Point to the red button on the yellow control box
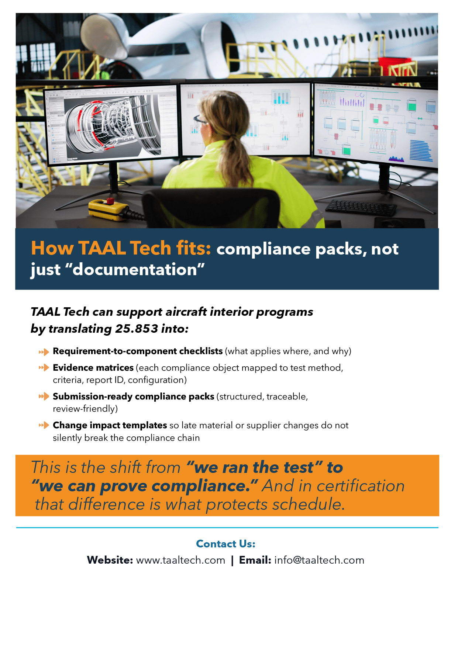110,201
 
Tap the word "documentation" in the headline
135,270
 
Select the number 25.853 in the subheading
137,329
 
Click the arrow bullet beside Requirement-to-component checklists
44,352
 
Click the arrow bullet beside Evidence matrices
44,368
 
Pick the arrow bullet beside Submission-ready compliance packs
44,397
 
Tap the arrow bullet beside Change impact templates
44,425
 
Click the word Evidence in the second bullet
73,368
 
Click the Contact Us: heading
226,544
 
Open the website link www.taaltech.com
181,560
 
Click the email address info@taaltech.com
319,560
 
